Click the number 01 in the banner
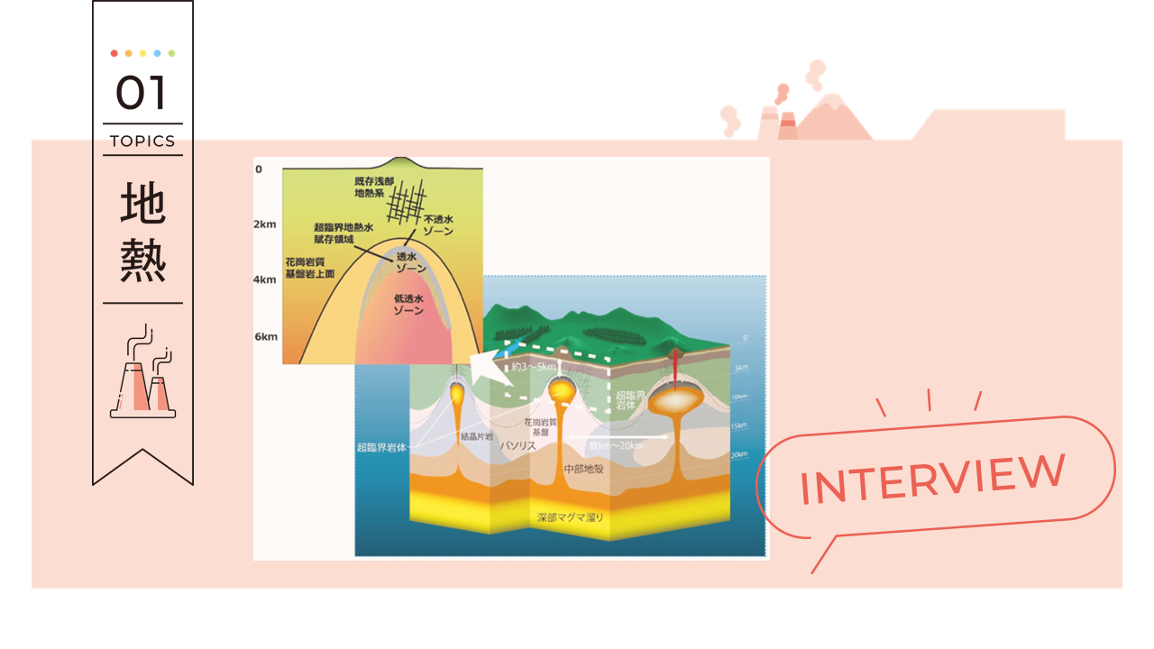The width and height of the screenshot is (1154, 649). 142,93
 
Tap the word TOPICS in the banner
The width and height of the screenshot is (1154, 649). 142,141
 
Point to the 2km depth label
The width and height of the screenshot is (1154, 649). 265,224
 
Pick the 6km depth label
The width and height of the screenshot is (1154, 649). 265,336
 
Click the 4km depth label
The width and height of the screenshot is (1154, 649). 265,280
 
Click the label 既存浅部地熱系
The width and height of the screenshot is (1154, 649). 376,187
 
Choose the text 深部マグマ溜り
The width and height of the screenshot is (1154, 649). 571,517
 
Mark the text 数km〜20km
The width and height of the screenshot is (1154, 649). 616,445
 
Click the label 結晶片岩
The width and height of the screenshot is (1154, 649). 477,435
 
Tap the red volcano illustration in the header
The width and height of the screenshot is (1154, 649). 834,119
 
